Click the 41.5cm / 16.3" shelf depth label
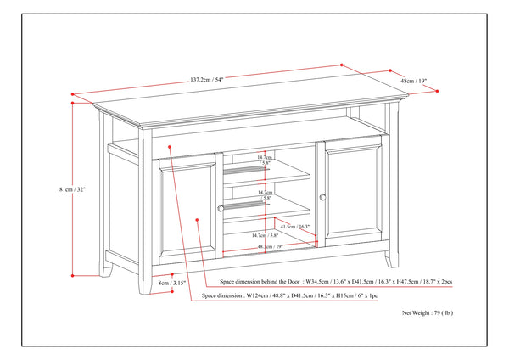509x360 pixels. (294, 227)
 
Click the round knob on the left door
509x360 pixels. (221, 207)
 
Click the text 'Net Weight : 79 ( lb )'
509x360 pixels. (428, 313)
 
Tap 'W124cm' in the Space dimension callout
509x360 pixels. (255, 296)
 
